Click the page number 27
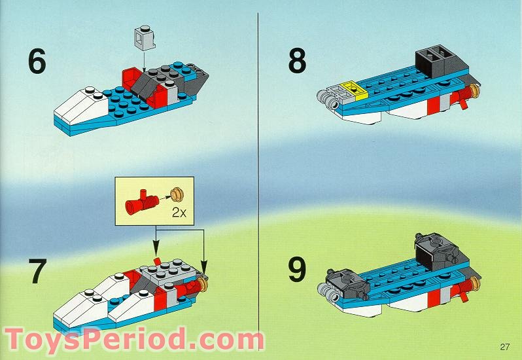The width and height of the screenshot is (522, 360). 503,347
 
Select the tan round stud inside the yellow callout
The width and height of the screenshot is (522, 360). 175,192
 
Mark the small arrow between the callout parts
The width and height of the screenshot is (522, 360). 162,193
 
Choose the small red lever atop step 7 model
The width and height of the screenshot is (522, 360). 156,262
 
